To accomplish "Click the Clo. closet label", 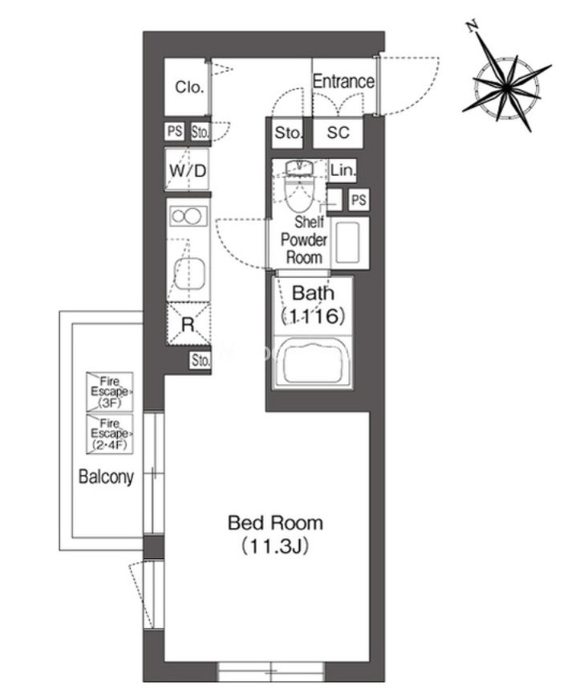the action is (189, 87).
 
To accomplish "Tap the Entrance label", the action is (343, 81).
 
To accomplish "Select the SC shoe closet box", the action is (338, 133).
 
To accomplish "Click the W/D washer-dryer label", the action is (188, 170).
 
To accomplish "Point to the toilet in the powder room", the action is (299, 186).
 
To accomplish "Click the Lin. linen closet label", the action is (343, 170).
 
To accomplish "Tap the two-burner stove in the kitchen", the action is (188, 217).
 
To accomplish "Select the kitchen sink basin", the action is (189, 273).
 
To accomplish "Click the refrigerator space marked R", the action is (189, 324).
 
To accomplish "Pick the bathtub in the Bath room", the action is (314, 361).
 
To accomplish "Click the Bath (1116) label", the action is (313, 305).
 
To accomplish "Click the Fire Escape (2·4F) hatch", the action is (109, 434).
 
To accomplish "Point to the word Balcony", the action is (106, 476).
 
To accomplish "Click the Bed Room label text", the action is (275, 523).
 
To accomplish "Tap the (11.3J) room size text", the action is (275, 546).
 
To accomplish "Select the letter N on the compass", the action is (473, 26).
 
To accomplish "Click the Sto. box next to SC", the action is (289, 133).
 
